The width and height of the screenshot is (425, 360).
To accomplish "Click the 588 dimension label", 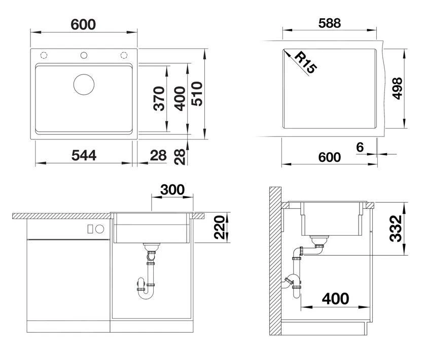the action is [x=329, y=23].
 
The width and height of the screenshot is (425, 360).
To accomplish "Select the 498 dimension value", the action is [x=398, y=88].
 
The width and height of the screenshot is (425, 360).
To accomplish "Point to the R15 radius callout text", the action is [x=305, y=63].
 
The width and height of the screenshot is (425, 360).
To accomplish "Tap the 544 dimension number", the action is [x=84, y=156].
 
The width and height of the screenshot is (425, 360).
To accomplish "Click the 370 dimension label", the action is [x=159, y=98].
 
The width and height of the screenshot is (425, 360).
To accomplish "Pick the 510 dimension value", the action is [x=197, y=93].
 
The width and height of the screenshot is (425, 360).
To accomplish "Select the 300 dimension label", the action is [x=172, y=190].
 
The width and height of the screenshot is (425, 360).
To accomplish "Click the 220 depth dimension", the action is [x=219, y=228].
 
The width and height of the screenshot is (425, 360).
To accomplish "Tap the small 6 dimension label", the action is [x=360, y=147].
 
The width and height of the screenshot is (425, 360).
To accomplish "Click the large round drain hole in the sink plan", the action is [x=84, y=84].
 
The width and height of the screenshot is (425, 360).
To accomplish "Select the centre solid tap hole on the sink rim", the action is [x=84, y=55].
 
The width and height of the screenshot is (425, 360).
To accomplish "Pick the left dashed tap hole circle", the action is [x=44, y=55].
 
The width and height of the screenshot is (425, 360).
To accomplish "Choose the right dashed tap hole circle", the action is [x=124, y=55].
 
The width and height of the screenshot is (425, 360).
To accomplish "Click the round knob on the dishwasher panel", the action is [x=100, y=229].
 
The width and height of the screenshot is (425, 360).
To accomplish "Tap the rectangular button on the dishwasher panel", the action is [x=90, y=229].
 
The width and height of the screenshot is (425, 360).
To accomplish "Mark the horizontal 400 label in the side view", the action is [x=335, y=299].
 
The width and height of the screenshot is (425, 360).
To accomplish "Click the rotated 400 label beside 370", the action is [x=180, y=99].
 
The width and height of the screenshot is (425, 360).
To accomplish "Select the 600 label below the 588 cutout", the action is [x=329, y=157].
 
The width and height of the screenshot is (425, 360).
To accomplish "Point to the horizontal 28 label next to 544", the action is [x=158, y=156].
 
